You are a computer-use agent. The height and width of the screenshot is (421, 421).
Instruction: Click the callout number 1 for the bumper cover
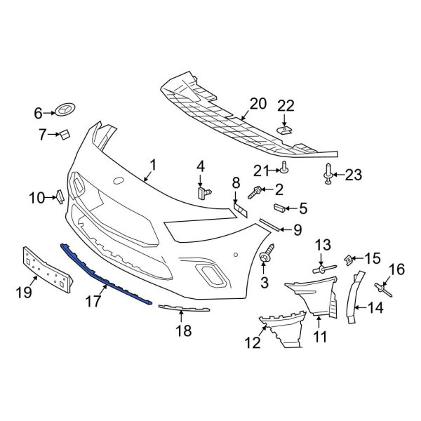tap(153, 167)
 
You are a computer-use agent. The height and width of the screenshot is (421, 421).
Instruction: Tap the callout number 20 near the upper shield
tap(258, 105)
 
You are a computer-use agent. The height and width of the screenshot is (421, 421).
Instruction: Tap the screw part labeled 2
tap(258, 189)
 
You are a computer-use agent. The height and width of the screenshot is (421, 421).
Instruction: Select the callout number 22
tap(286, 105)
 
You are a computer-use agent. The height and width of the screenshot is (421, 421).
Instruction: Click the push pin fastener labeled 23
tap(329, 173)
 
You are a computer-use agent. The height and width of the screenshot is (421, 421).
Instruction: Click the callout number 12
tap(251, 343)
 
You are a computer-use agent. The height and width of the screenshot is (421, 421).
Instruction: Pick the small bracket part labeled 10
tap(60, 196)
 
